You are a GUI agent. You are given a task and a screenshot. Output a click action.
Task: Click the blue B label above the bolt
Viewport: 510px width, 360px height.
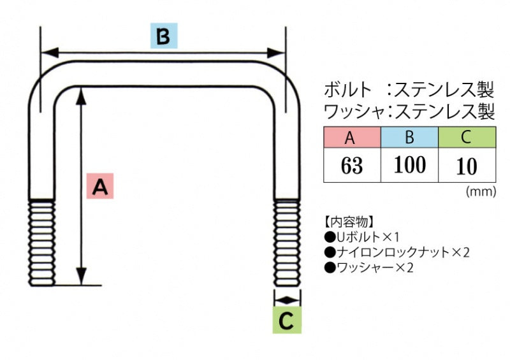(x=163, y=37)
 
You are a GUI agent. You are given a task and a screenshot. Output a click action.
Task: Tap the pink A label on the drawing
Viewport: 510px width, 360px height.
(x=100, y=186)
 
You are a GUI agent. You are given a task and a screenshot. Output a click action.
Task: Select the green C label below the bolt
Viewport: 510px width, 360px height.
(x=287, y=320)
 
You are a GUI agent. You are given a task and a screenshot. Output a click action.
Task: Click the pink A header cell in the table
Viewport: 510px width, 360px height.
(x=351, y=137)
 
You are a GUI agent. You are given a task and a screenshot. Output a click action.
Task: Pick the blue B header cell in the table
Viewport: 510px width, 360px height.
(x=409, y=137)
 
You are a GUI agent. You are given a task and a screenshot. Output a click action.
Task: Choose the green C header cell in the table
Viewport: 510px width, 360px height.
(x=467, y=137)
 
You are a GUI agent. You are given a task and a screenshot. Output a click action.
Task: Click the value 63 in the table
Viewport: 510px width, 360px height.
(x=351, y=166)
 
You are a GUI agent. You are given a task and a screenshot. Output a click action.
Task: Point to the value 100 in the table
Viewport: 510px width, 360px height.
(x=409, y=165)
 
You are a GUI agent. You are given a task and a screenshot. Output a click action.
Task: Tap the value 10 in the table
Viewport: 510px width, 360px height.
(x=467, y=166)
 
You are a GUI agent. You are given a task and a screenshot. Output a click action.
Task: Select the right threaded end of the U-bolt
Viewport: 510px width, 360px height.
(x=287, y=243)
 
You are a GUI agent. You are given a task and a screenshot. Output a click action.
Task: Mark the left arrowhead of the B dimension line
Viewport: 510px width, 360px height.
(x=47, y=52)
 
